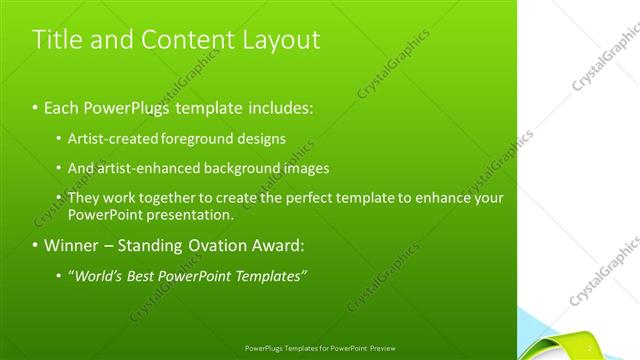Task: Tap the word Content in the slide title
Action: click(190, 40)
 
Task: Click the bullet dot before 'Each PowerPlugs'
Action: click(36, 105)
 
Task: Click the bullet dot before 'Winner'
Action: click(36, 245)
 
